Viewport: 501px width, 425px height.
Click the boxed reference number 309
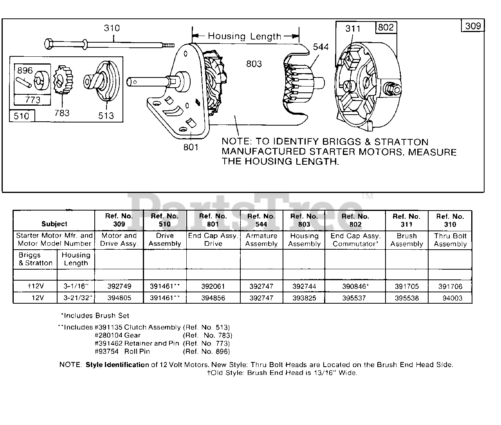point(473,26)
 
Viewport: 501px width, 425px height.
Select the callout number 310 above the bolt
point(112,28)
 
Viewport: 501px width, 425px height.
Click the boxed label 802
point(386,27)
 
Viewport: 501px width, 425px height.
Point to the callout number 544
point(321,47)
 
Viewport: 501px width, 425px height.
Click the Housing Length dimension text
point(244,36)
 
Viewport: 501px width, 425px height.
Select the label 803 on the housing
point(254,63)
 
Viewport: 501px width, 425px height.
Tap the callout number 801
point(191,147)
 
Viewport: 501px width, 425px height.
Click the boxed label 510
point(22,116)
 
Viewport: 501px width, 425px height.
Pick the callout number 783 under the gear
point(62,113)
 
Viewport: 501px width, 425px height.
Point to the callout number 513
point(106,115)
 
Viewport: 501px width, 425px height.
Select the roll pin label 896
point(25,70)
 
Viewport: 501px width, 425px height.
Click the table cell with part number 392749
point(119,286)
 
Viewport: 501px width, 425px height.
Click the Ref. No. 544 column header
point(261,220)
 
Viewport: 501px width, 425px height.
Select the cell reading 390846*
point(355,286)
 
